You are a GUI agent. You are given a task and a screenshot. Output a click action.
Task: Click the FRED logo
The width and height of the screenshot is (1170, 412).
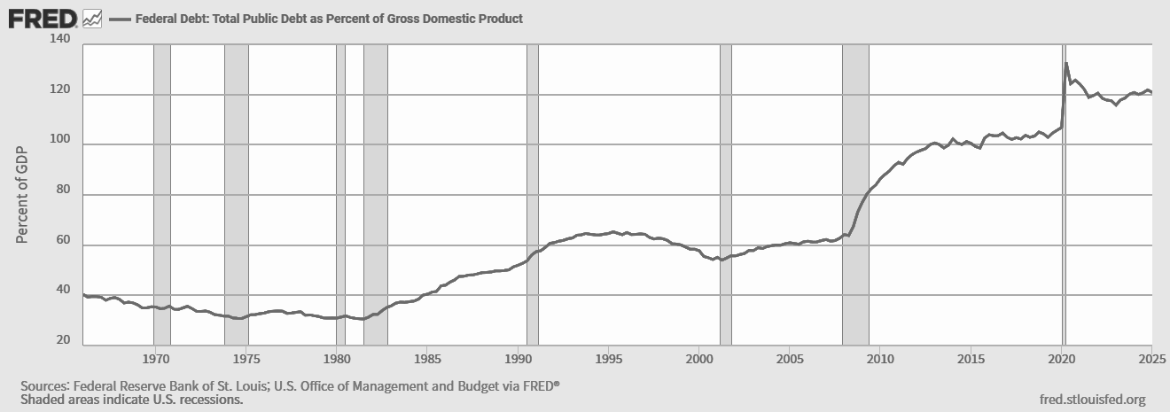[x=43, y=18]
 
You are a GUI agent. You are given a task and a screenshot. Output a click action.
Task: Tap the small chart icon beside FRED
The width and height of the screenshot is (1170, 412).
[x=92, y=18]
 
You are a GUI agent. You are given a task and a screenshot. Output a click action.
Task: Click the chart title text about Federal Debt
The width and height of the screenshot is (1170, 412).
[x=329, y=18]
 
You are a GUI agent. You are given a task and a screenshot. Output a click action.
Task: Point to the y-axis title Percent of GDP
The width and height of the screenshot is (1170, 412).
[x=23, y=193]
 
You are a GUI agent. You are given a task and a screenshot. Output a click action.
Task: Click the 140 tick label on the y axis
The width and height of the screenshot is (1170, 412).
[x=61, y=40]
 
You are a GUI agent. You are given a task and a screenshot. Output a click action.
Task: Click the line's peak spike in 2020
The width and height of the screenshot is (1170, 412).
[x=1066, y=63]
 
